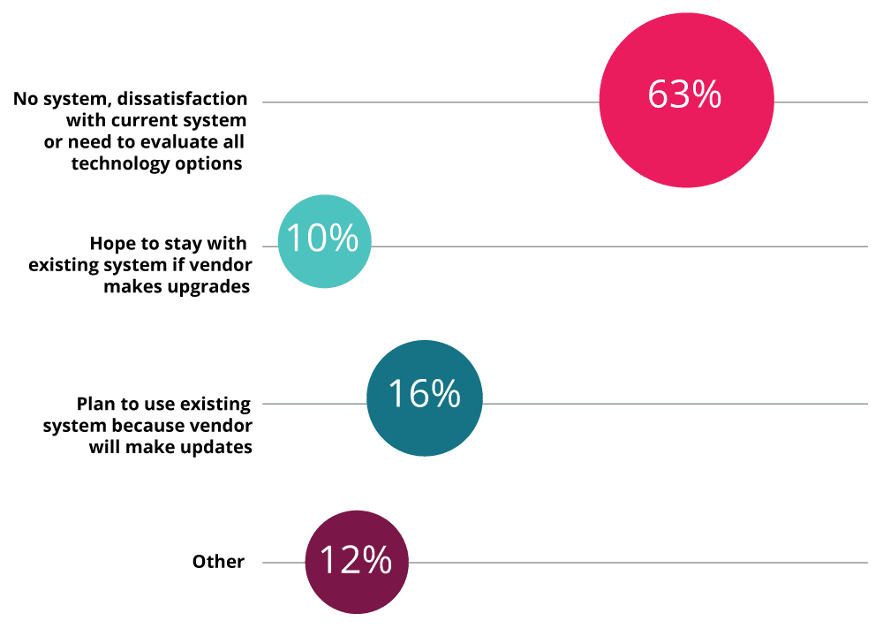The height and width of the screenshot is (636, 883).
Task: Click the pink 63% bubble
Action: [686, 101]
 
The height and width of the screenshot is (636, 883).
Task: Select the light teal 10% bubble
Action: [325, 241]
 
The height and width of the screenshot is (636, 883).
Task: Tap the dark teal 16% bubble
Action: [425, 398]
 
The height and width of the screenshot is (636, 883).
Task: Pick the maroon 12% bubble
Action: [357, 562]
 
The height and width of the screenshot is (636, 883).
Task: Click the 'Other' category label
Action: [218, 562]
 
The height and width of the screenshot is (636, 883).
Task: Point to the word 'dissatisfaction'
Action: [182, 99]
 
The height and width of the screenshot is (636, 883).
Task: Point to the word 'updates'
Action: [215, 447]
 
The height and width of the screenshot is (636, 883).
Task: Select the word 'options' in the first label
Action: [208, 163]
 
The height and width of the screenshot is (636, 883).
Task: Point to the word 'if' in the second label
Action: [178, 265]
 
